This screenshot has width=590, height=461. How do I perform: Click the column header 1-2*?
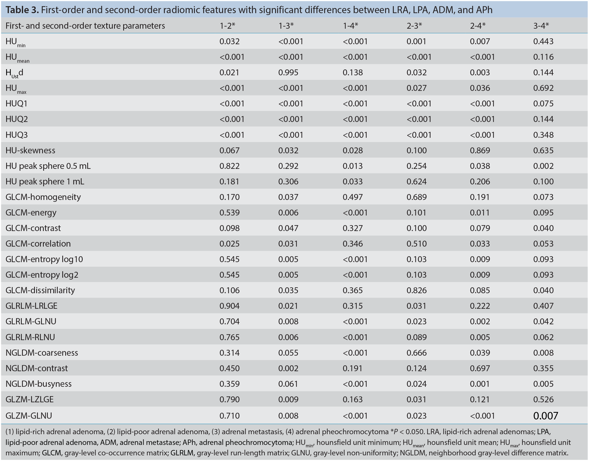pos(227,26)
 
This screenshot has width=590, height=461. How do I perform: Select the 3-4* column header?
pos(541,26)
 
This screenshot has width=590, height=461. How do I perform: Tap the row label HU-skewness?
pos(30,150)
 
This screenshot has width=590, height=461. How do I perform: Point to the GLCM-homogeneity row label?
pos(43,197)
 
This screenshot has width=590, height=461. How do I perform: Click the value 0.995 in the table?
pos(288,72)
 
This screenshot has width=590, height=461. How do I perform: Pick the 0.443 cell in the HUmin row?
pos(543,41)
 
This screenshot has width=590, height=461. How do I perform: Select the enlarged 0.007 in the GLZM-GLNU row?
pos(546,416)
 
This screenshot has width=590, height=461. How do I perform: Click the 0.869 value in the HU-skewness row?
pos(480,150)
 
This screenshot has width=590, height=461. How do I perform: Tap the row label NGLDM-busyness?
pos(39,384)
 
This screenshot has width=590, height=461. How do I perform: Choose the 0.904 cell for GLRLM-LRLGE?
pos(230,306)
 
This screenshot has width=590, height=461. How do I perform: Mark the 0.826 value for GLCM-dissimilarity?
pos(417,290)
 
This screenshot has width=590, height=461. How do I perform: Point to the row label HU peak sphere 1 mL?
pos(45,181)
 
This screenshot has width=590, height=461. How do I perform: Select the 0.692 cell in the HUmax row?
pos(543,88)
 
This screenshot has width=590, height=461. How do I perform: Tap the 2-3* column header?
pos(414,26)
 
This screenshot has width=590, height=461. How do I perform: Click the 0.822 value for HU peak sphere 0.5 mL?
pos(230,166)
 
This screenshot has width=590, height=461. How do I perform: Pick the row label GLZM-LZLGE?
pos(30,399)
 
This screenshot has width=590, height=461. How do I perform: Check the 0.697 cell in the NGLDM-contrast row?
pos(480,368)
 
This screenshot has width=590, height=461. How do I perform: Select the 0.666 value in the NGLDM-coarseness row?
pos(417,352)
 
